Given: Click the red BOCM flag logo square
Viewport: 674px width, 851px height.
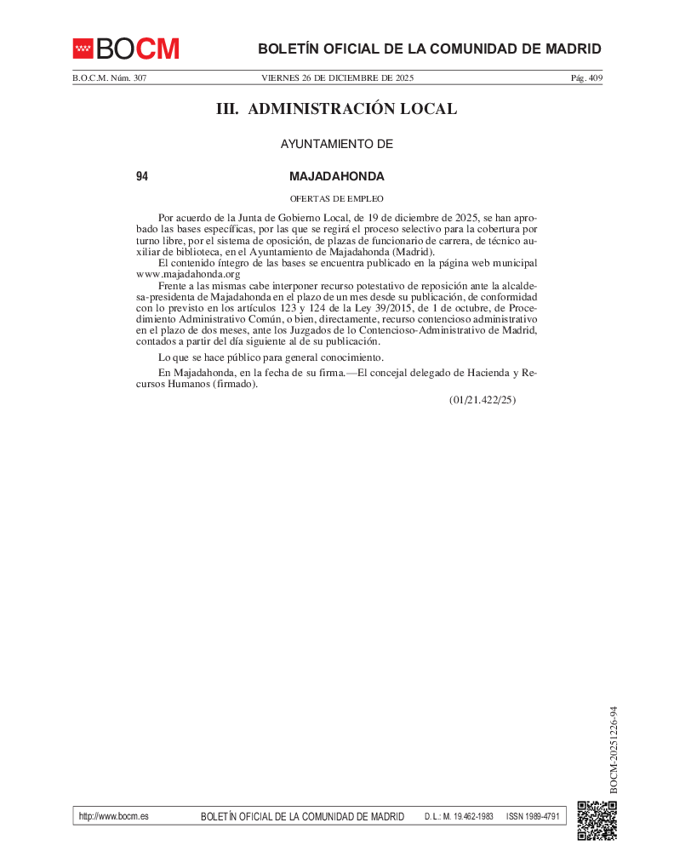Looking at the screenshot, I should pos(83,49).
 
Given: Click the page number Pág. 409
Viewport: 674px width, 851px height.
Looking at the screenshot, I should pos(585,78).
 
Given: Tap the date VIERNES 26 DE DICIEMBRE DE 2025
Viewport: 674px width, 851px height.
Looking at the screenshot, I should pos(337,78).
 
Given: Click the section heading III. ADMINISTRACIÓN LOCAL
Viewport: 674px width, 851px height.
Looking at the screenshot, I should pos(337,109).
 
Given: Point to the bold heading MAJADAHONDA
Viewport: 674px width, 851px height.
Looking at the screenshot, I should pos(337,177).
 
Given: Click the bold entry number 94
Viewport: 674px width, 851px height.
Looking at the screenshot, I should pos(142,177).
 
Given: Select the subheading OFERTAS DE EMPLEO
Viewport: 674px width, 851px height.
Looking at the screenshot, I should pos(337,198).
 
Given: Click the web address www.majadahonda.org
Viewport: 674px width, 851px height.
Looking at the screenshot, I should pos(188,274).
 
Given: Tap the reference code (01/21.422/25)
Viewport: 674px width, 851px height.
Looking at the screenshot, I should pos(483,399).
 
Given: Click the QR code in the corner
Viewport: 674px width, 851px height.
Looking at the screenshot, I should pos(597,821).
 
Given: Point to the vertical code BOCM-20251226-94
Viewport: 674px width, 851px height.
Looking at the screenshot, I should pos(613,750).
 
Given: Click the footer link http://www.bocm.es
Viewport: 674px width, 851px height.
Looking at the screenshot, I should pos(113,816).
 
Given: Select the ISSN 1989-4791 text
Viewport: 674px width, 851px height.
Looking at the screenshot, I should pos(533,817).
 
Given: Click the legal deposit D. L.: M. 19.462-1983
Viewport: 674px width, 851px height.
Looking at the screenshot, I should pos(459,817).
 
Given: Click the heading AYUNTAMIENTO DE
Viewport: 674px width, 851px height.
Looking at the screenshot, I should pos(337,145).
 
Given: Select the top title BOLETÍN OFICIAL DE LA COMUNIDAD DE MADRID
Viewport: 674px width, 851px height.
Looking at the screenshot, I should pos(429,49).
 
